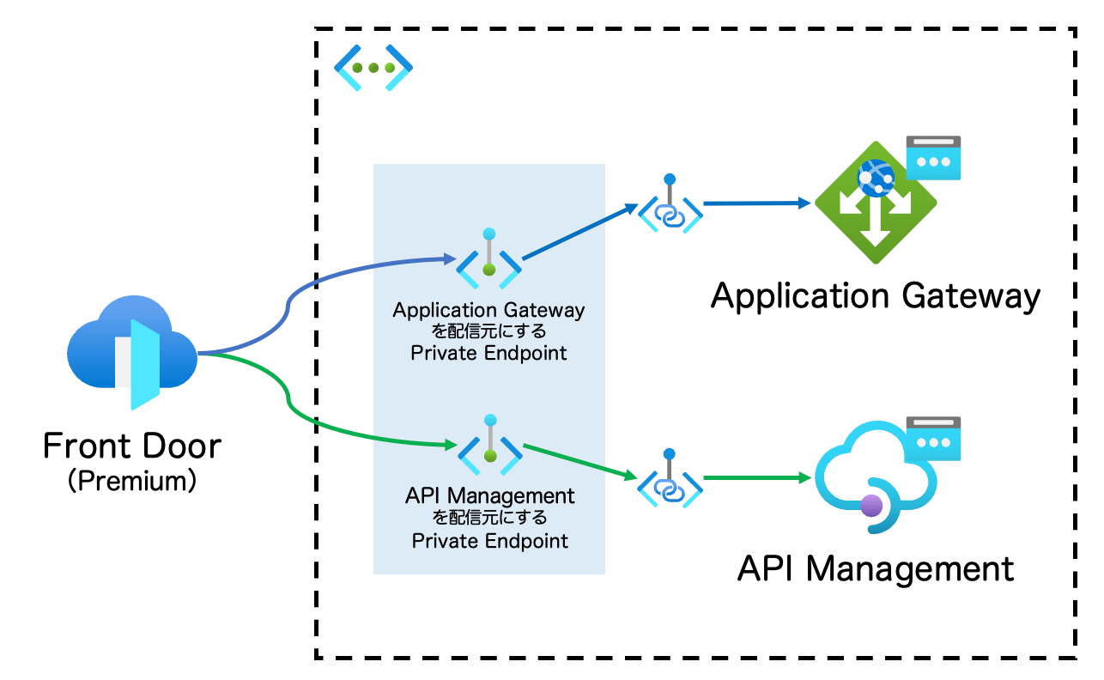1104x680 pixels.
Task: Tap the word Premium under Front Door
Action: click(x=132, y=480)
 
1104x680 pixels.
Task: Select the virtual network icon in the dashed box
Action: click(x=373, y=67)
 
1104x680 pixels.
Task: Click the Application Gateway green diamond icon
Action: click(x=875, y=203)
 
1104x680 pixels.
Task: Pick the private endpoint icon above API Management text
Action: click(x=489, y=447)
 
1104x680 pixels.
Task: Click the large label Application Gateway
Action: click(x=876, y=296)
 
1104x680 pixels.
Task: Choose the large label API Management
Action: click(x=876, y=568)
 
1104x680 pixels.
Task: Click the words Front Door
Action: click(x=132, y=446)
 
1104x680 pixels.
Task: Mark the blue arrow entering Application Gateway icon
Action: click(x=755, y=204)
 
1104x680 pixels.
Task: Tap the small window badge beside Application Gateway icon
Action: click(x=933, y=158)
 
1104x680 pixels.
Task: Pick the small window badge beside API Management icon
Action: click(x=933, y=437)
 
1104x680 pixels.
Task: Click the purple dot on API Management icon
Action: click(x=871, y=505)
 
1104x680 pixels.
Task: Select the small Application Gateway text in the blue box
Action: click(x=488, y=310)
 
